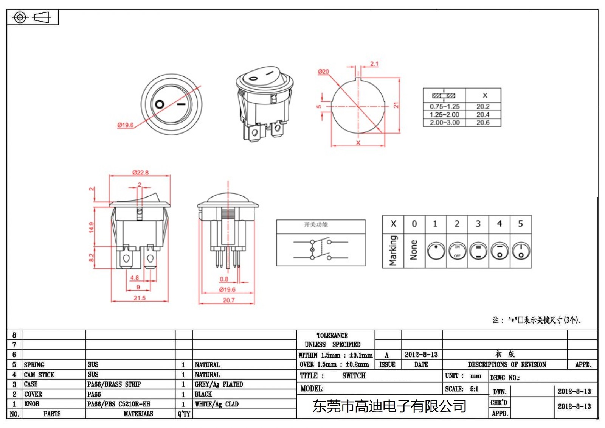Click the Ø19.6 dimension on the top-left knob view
(125, 125)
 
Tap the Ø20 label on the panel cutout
(323, 72)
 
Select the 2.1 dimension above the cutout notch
(374, 64)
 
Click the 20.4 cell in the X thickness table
(483, 115)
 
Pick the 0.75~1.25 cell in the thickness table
(444, 107)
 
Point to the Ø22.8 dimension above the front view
(140, 173)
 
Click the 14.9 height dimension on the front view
(92, 227)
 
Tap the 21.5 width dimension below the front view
(139, 298)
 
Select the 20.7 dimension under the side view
(228, 300)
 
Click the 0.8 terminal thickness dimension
(224, 279)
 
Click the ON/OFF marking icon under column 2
(457, 251)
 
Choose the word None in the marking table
(414, 250)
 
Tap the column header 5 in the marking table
(520, 224)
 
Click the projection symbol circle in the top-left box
(20, 17)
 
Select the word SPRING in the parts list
(34, 365)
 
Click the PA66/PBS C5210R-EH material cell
(119, 404)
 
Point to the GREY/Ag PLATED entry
(219, 384)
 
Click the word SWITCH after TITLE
(354, 376)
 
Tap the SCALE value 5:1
(474, 389)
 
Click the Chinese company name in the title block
(389, 406)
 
